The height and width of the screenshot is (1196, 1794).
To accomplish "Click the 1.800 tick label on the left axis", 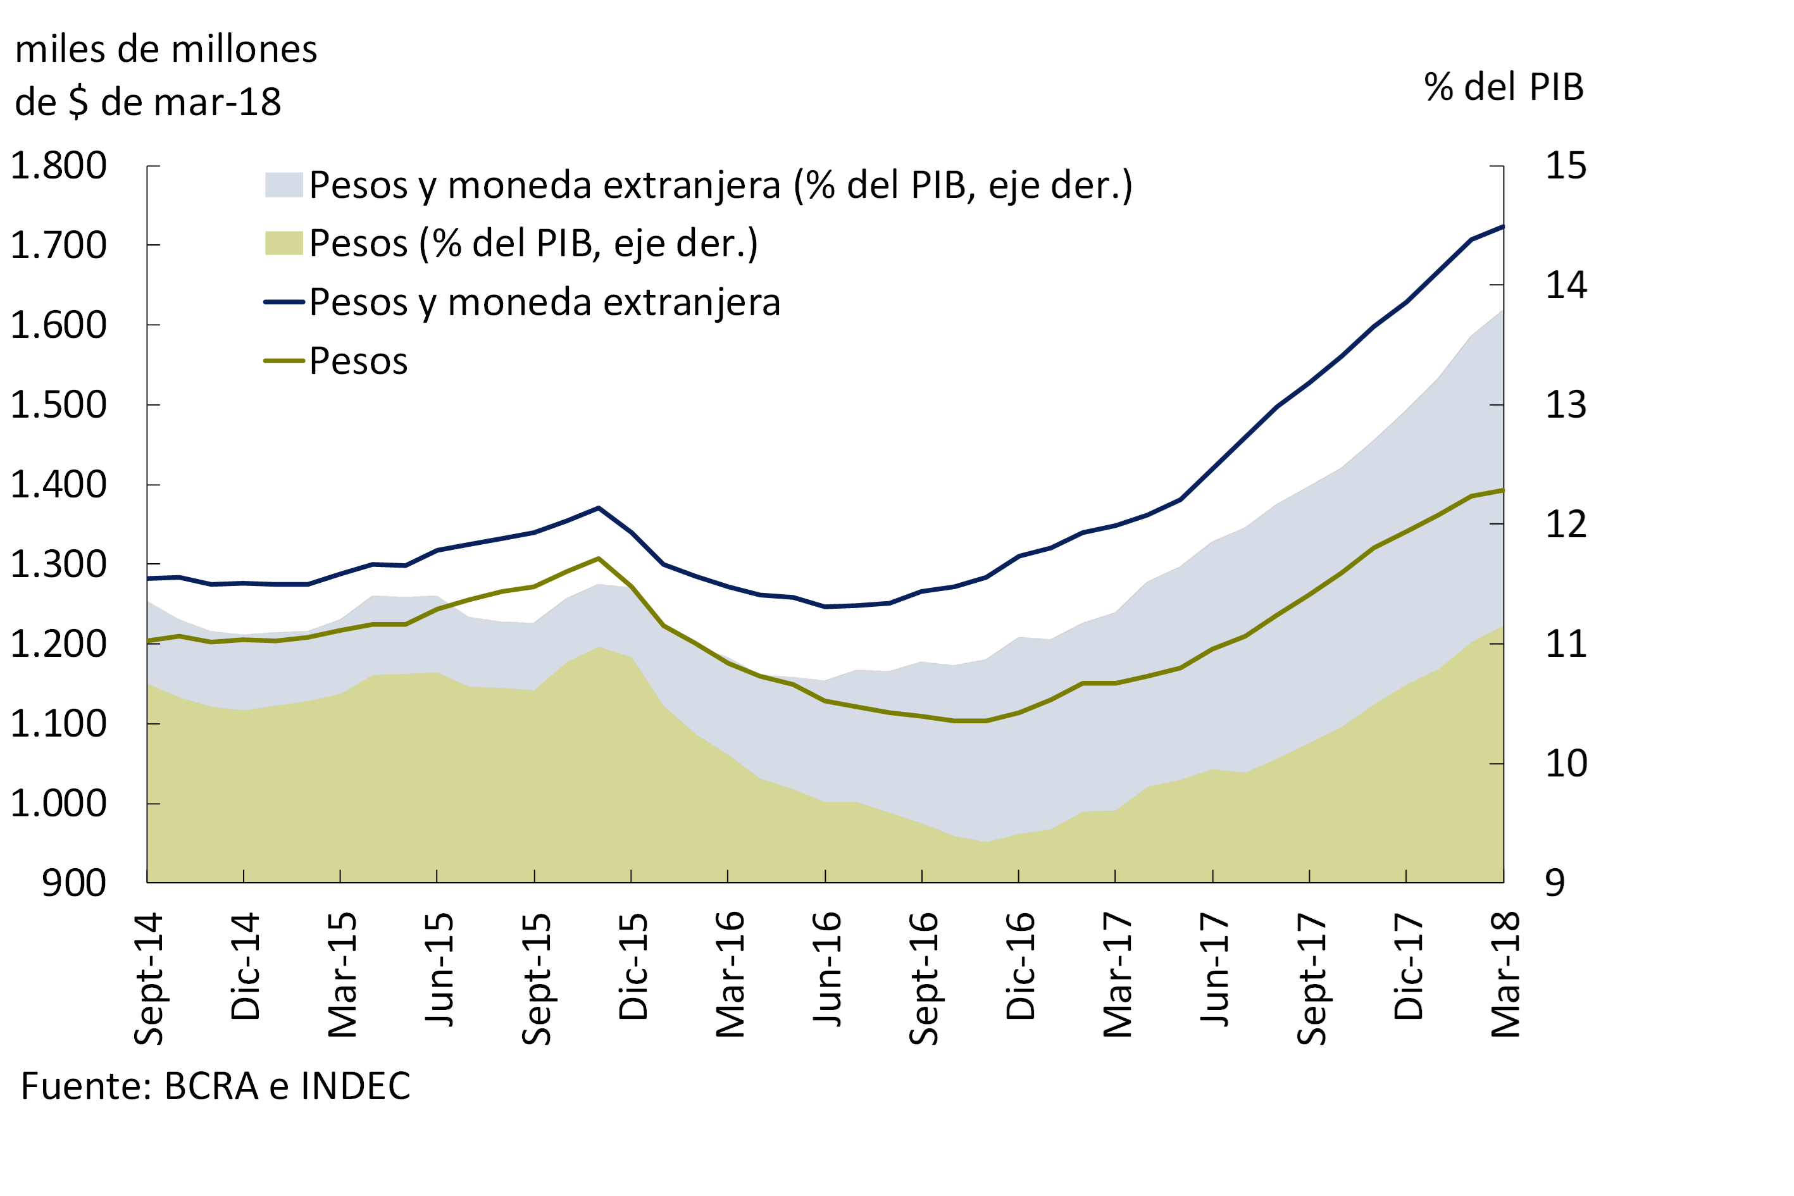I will click(x=58, y=166).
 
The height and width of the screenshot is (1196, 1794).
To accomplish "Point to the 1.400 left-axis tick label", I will click(x=58, y=485).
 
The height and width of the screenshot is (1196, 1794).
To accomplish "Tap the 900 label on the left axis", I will click(x=73, y=883).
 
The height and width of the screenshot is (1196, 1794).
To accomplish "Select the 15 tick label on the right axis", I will click(x=1565, y=166).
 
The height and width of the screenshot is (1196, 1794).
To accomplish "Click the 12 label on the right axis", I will click(x=1565, y=525).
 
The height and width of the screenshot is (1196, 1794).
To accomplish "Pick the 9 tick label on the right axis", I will click(x=1555, y=883).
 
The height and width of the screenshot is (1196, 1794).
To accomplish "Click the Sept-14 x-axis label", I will click(x=149, y=978).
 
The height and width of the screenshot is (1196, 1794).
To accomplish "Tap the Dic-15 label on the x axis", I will click(x=632, y=966).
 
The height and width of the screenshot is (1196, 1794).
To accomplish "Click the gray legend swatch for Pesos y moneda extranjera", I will click(x=283, y=185).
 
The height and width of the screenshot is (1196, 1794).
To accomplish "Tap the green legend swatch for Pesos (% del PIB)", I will click(x=283, y=244).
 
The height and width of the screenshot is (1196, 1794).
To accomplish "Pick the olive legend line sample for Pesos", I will click(x=283, y=361).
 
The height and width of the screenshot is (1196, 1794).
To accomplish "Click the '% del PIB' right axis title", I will click(x=1504, y=87).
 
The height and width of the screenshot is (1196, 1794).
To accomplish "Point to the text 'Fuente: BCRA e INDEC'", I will click(x=215, y=1086).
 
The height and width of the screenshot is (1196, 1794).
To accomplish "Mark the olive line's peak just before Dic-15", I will click(x=598, y=558).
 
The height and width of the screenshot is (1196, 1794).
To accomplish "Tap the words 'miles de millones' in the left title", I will click(x=166, y=49).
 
